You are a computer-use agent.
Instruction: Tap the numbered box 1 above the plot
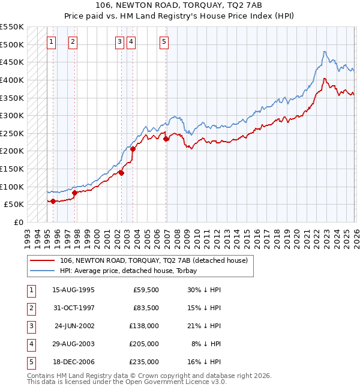tap(51, 41)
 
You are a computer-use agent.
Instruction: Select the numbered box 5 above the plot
tap(164, 41)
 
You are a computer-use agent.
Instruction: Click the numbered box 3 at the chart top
tap(119, 41)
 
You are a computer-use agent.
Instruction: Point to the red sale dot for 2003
tap(133, 149)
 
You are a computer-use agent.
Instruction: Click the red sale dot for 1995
tap(53, 201)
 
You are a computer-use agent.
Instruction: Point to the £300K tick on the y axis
tap(12, 115)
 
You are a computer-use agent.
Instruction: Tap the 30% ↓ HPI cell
tap(204, 290)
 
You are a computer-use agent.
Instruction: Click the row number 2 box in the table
tap(30, 308)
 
